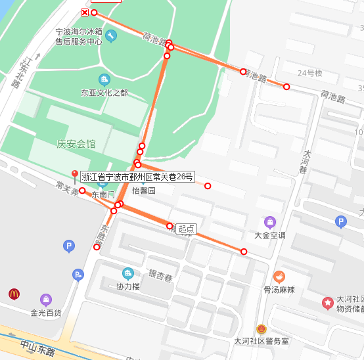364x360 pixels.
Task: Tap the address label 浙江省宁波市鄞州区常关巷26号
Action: (x=137, y=176)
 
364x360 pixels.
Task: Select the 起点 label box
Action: (x=186, y=229)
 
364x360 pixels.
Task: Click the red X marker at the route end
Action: (x=85, y=12)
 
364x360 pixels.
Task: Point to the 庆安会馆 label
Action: (x=76, y=144)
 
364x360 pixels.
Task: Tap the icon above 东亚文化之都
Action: (x=104, y=79)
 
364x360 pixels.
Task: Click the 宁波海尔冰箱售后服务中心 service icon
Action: (x=110, y=35)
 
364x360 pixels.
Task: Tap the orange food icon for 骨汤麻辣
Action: (x=279, y=277)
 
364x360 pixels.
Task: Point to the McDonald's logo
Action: (x=14, y=294)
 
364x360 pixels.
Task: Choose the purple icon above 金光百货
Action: (x=45, y=300)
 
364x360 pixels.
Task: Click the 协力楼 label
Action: (x=128, y=286)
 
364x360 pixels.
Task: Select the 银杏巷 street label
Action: (x=161, y=276)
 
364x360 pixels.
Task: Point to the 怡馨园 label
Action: (x=143, y=191)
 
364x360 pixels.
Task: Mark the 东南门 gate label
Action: (x=102, y=194)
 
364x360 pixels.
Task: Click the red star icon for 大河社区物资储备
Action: (x=327, y=302)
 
